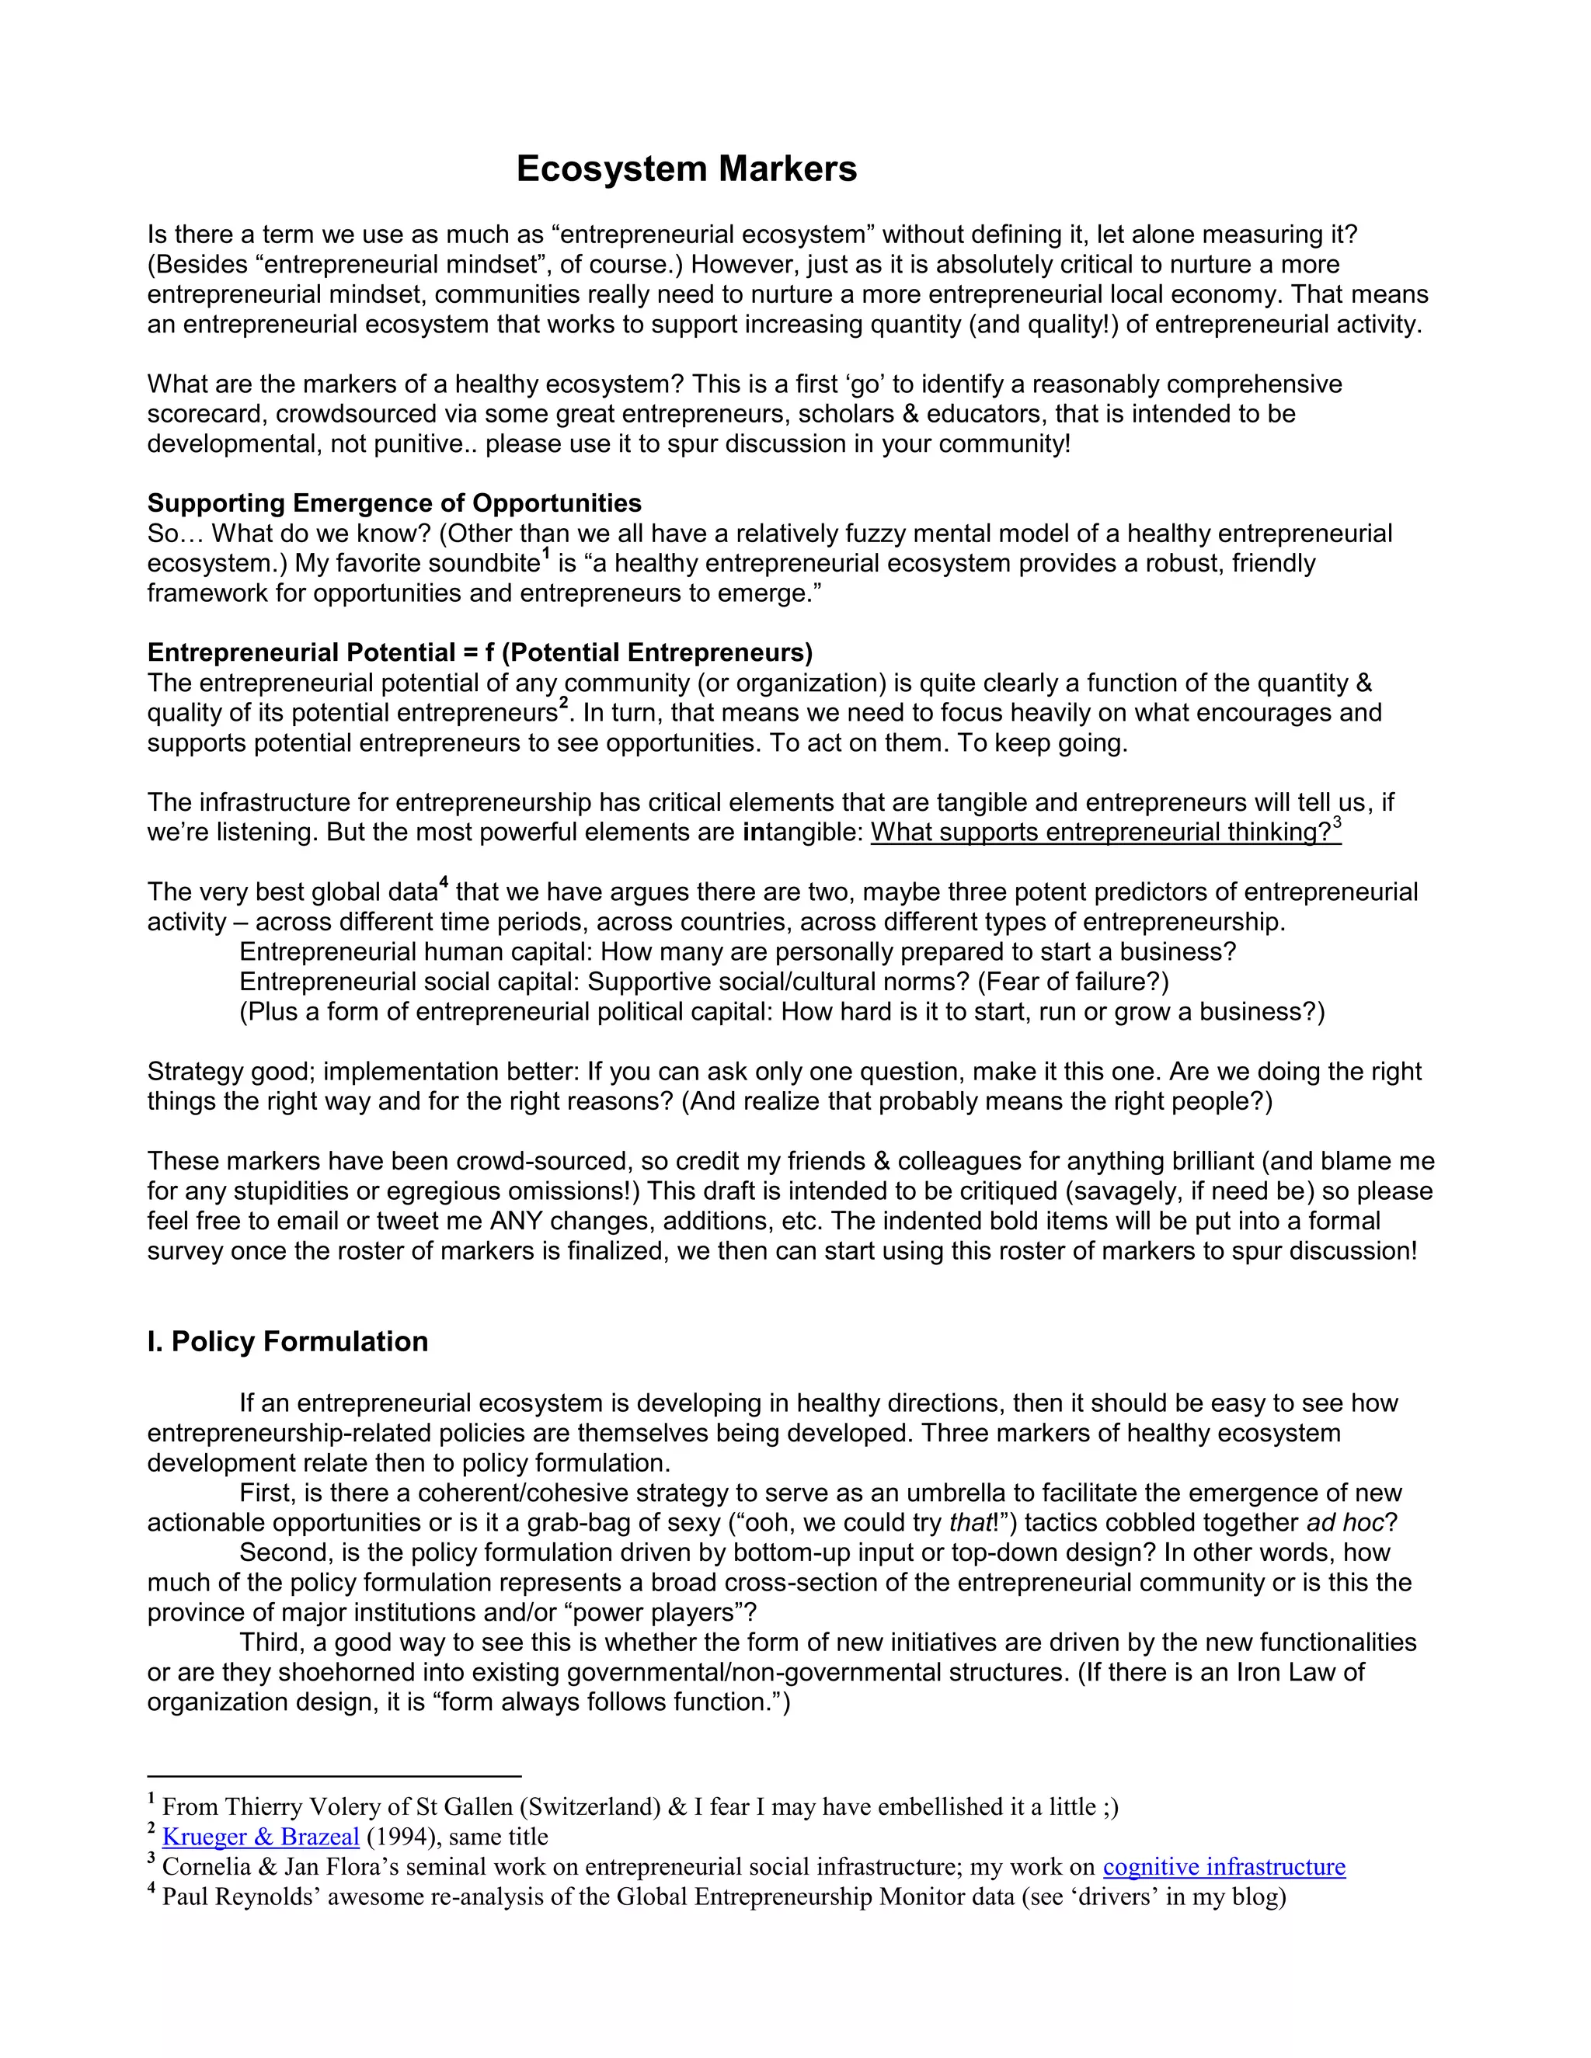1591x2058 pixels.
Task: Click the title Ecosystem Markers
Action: (686, 169)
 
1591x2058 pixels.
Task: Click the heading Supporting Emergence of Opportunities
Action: (394, 503)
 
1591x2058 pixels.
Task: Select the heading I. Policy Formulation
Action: (287, 1341)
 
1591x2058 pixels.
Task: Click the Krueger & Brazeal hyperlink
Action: (260, 1837)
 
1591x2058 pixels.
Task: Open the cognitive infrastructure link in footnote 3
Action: (1224, 1867)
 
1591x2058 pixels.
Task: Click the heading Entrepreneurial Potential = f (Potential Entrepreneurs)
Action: (480, 652)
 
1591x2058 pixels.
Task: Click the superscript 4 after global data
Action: (444, 884)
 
